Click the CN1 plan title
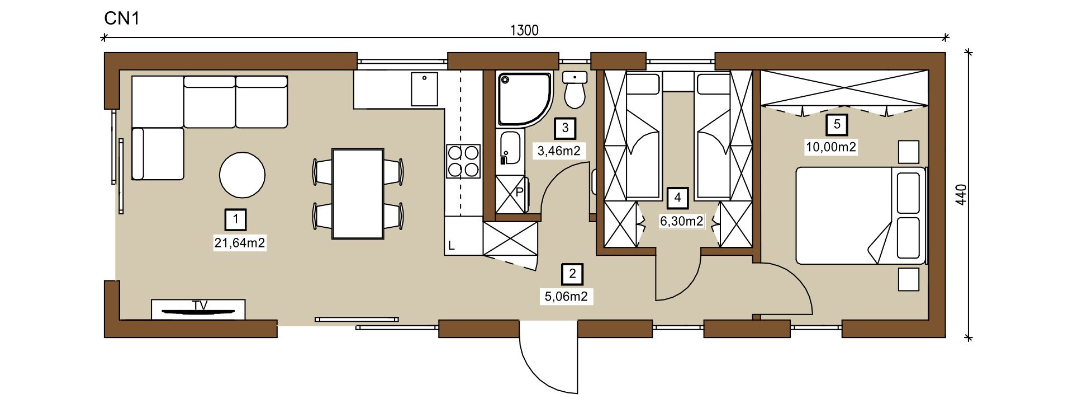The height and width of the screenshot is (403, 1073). (122, 18)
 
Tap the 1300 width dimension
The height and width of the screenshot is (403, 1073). (524, 30)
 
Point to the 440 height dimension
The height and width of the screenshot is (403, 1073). (961, 194)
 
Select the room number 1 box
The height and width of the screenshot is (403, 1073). (236, 219)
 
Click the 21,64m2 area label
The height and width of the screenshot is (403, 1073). (240, 243)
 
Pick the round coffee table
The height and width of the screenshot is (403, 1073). (242, 175)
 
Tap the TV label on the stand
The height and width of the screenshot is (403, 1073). (200, 306)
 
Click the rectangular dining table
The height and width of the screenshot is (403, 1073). (358, 194)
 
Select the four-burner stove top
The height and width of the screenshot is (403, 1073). (463, 161)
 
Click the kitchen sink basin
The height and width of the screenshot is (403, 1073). (425, 89)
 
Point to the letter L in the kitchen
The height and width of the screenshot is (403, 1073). (452, 246)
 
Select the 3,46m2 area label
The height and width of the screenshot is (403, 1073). (559, 151)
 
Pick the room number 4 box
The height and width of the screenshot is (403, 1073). (678, 198)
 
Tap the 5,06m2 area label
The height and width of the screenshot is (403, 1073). (566, 297)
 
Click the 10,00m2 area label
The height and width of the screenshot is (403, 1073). (831, 147)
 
